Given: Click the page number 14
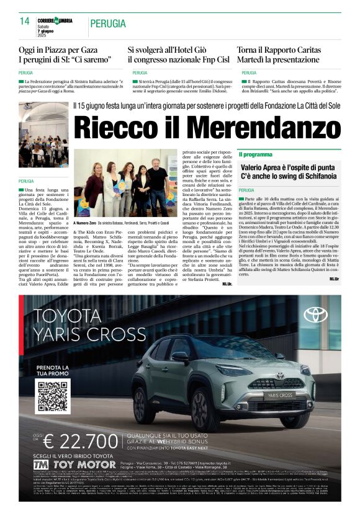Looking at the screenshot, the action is click(x=25, y=20).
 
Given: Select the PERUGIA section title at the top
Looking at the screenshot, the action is click(x=107, y=24).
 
